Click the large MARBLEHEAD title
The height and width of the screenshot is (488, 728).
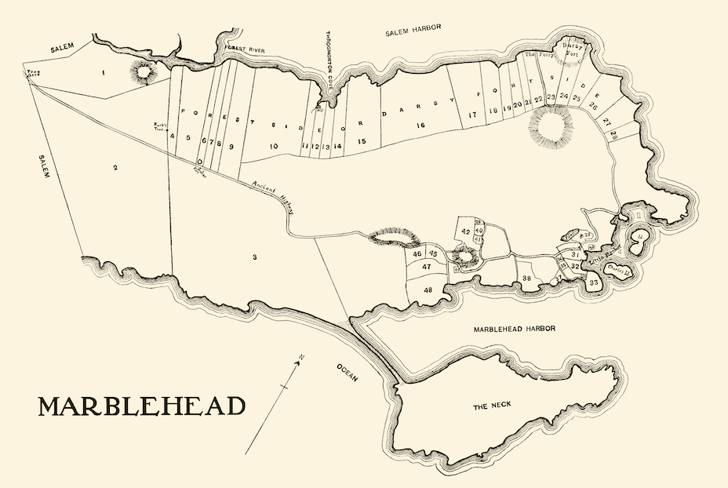click(x=141, y=406)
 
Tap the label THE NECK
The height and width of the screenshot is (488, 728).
click(x=492, y=407)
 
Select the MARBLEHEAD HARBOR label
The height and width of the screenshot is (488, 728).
click(x=514, y=330)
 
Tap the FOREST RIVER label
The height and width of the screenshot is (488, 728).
click(x=244, y=49)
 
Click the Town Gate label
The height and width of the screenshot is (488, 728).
click(x=33, y=73)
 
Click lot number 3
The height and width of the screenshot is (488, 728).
click(x=254, y=257)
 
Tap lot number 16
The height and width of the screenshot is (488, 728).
click(x=420, y=125)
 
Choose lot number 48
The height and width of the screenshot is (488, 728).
click(x=428, y=290)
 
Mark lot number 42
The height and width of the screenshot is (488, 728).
click(x=465, y=231)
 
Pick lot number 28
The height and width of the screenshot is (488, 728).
click(x=613, y=136)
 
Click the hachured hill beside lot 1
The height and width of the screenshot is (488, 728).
click(x=143, y=73)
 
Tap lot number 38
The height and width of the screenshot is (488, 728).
click(x=526, y=279)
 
